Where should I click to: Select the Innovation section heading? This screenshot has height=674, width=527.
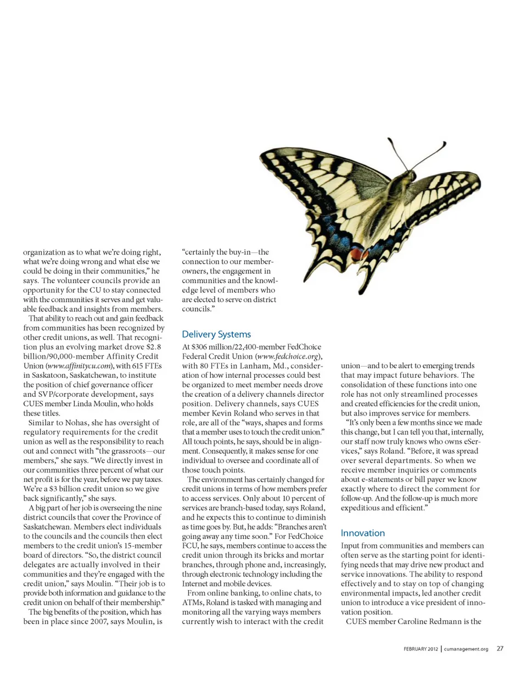pos(363,533)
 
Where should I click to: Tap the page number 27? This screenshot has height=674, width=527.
pos(500,649)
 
